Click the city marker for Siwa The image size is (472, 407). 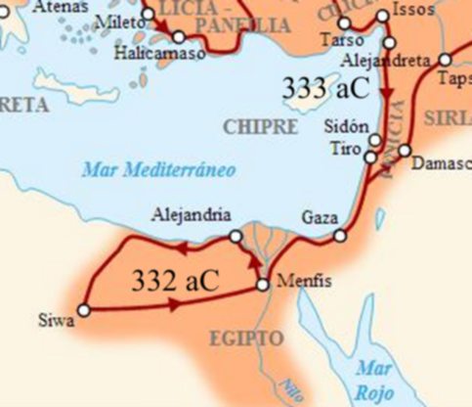[x=84, y=310]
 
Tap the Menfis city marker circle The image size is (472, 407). [x=262, y=286]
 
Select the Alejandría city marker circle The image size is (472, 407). [x=236, y=236]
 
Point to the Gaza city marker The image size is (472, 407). [x=340, y=235]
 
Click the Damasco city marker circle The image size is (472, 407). [x=405, y=161]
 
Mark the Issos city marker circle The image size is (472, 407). [x=382, y=17]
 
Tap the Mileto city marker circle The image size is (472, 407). [x=148, y=15]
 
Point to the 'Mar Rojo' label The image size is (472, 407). [x=373, y=379]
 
